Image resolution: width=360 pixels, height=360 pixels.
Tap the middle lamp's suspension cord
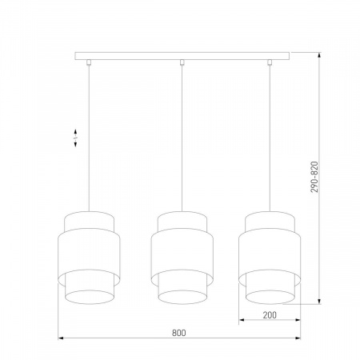pyautogui.click(x=183, y=136)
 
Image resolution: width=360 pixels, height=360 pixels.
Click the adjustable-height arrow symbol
pyautogui.click(x=75, y=138)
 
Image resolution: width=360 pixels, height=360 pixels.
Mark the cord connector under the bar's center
pyautogui.click(x=183, y=62)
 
